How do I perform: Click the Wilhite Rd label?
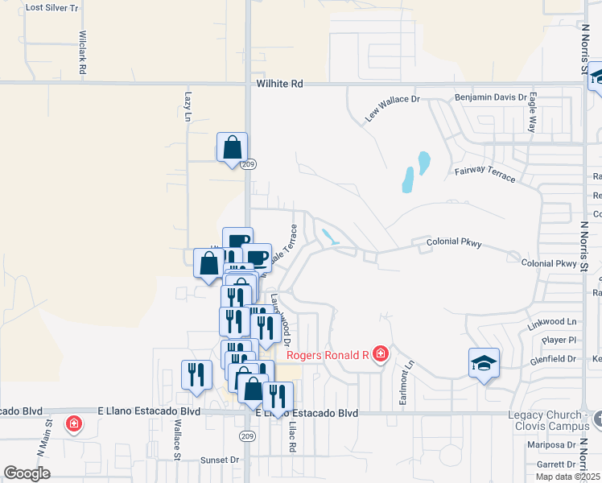click(x=279, y=83)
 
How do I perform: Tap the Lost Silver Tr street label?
click(x=52, y=7)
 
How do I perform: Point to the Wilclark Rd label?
click(x=82, y=53)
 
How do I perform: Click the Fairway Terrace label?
click(x=484, y=172)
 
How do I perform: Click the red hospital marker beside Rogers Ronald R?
click(x=380, y=354)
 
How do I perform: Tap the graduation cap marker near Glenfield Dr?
click(x=484, y=364)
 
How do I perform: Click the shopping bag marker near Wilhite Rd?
click(x=232, y=148)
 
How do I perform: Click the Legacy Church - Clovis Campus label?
click(x=549, y=419)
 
